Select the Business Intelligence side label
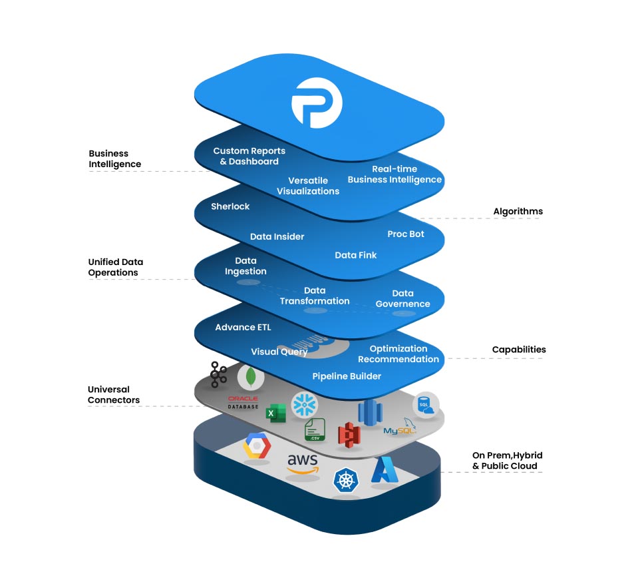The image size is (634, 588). click(x=114, y=158)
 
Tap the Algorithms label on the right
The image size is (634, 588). click(x=518, y=211)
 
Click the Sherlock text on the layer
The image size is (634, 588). click(x=230, y=206)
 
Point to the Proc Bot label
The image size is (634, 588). click(x=405, y=234)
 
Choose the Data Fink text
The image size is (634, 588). click(x=355, y=255)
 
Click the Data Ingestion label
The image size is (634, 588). click(x=245, y=266)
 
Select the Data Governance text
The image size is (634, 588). click(x=402, y=298)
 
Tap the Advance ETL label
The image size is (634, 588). click(x=243, y=327)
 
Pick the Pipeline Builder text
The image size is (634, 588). click(x=347, y=376)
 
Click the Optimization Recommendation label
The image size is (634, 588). click(x=398, y=354)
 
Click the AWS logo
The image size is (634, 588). click(x=302, y=463)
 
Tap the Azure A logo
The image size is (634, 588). click(x=384, y=470)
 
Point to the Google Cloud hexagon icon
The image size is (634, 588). click(x=255, y=445)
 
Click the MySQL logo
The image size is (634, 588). click(x=399, y=430)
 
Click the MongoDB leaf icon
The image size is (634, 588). click(x=250, y=378)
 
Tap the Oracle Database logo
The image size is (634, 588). click(x=243, y=402)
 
